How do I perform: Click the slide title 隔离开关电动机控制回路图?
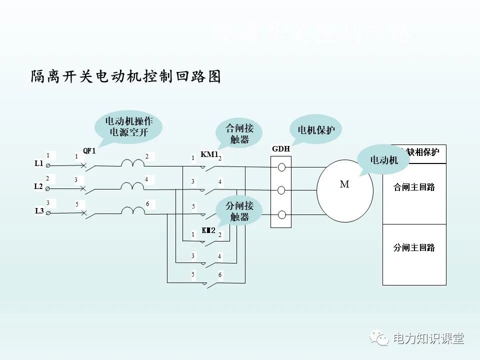click(125, 77)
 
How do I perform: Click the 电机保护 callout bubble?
click(316, 130)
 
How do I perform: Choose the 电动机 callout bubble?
click(383, 160)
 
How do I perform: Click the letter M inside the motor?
click(344, 184)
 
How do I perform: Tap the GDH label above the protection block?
click(281, 149)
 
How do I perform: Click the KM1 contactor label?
click(209, 154)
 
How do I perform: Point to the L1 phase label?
click(39, 163)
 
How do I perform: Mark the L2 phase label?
click(38, 186)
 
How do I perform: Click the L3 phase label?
click(39, 211)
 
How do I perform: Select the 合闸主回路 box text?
click(414, 187)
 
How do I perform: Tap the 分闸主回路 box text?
click(414, 247)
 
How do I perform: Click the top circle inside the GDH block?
click(281, 167)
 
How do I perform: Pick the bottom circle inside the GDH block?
click(281, 214)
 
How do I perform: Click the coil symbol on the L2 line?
click(132, 186)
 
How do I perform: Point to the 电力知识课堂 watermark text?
click(429, 339)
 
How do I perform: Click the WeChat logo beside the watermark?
click(380, 339)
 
